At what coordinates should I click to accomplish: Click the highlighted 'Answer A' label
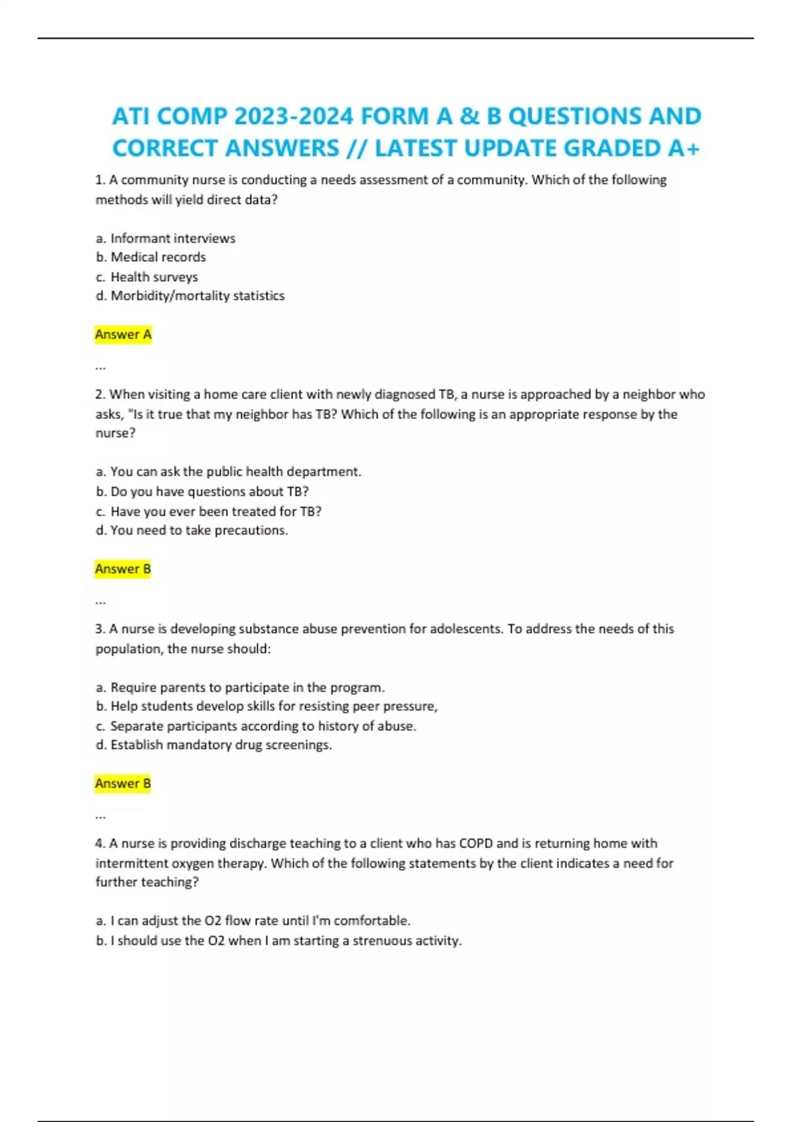click(x=123, y=335)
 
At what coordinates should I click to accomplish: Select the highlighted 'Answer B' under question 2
click(x=123, y=569)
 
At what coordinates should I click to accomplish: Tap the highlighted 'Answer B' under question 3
click(x=123, y=783)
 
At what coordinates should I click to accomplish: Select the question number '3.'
click(x=100, y=629)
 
